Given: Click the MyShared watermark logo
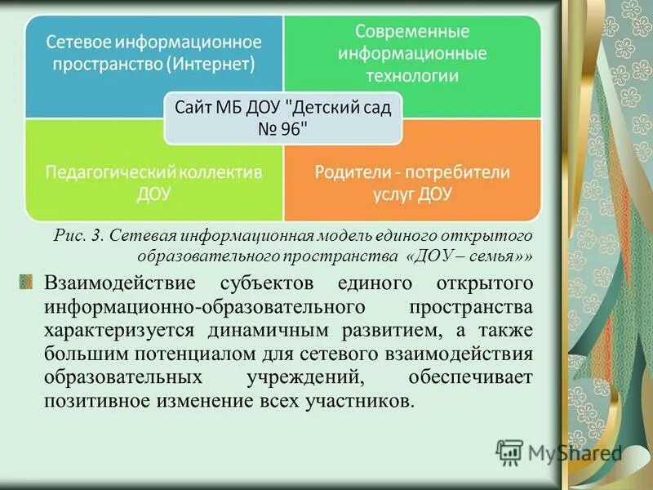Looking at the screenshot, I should [558, 452].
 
